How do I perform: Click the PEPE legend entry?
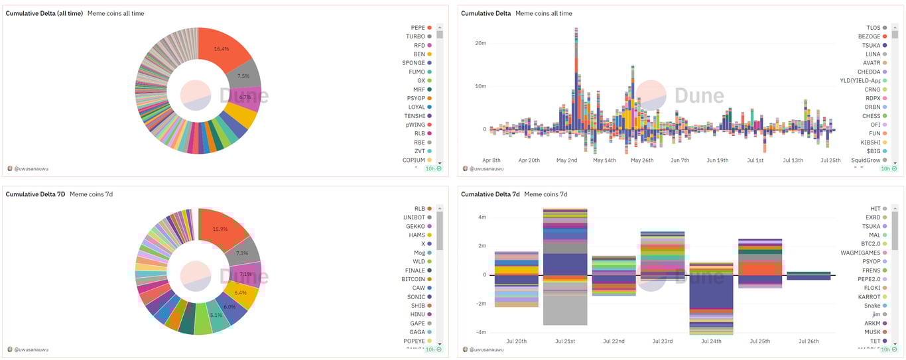pos(417,28)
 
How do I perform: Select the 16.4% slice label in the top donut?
pos(222,49)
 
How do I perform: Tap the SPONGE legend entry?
pos(413,63)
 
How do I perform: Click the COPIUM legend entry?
pos(413,160)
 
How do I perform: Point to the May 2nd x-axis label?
pos(566,160)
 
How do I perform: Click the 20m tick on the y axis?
pos(481,43)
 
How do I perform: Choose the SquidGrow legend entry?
pos(866,160)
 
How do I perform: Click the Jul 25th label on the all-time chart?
pos(830,160)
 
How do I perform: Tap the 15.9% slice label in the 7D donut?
pos(221,229)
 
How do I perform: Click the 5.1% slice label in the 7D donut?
pos(216,315)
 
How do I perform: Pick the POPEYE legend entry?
pos(413,341)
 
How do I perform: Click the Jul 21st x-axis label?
pos(565,341)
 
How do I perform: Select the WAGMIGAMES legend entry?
pos(860,253)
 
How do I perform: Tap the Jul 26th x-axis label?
pos(808,341)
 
